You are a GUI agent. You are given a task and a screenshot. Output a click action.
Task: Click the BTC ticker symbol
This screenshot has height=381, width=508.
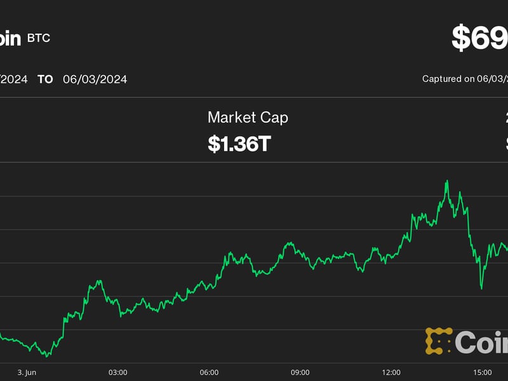pos(38,38)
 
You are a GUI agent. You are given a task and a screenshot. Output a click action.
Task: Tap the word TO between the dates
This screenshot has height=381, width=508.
pos(45,79)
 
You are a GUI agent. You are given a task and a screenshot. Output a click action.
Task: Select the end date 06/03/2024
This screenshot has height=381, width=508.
pos(95,79)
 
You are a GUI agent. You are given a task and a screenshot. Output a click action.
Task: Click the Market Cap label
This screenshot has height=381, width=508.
pos(248,117)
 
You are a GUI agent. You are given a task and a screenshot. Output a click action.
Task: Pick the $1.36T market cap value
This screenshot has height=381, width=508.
pos(239,144)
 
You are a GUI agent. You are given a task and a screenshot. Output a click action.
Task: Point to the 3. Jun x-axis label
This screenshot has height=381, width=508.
pos(27,372)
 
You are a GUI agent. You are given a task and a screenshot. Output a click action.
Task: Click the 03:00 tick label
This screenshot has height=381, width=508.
pos(117,372)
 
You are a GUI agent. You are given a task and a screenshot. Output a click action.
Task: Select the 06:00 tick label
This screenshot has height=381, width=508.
pos(209,372)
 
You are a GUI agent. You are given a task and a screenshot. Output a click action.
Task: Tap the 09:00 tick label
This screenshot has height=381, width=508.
pos(300,372)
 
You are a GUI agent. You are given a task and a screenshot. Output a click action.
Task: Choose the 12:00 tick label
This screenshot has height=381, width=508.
pos(391,372)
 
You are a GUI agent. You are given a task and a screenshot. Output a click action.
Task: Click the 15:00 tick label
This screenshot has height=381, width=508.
pos(483,372)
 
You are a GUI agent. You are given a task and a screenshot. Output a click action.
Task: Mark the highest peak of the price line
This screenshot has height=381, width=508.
pos(447,181)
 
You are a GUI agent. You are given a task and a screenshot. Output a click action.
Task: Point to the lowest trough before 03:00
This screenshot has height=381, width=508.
pos(46,356)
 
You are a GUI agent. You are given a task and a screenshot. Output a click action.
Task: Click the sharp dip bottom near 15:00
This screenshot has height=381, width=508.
pos(481,288)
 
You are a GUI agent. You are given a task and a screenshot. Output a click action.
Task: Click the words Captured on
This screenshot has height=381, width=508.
pos(448,79)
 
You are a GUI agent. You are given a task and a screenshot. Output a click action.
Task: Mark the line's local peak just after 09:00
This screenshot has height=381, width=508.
pos(290,243)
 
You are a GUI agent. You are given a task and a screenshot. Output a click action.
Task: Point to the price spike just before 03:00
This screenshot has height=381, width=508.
pos(98,281)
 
